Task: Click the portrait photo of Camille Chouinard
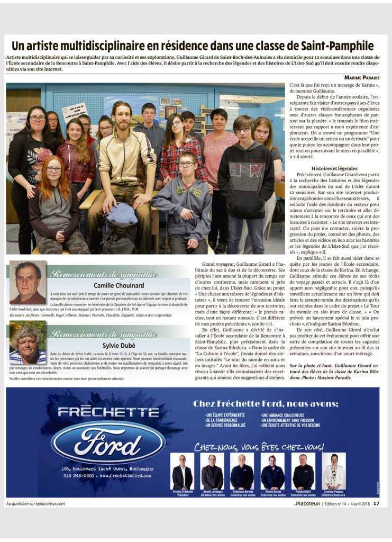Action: click(28, 282)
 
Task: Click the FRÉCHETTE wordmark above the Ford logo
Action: click(108, 412)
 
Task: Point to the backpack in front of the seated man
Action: click(121, 218)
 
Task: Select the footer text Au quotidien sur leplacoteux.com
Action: click(35, 503)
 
